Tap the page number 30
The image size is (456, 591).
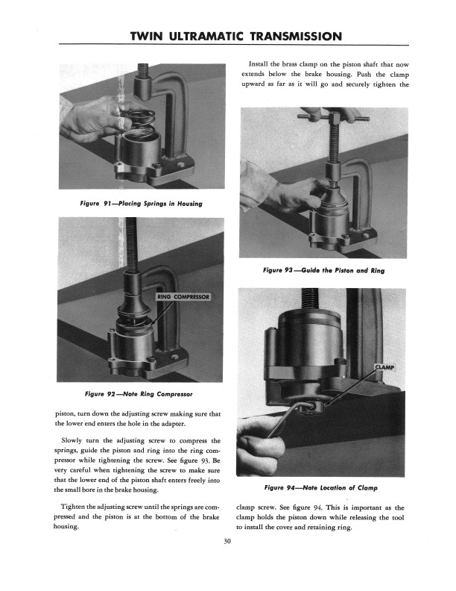(228, 542)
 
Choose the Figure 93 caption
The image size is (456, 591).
(324, 270)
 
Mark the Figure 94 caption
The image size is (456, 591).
(323, 488)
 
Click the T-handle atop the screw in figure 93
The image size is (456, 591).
(325, 117)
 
